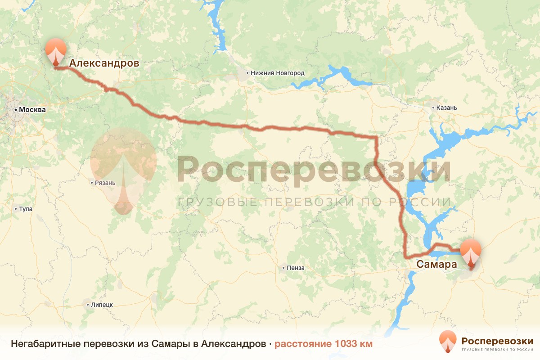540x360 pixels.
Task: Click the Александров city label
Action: click(x=104, y=63)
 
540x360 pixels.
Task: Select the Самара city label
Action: click(x=437, y=264)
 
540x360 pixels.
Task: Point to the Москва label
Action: click(x=30, y=109)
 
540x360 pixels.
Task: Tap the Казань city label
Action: click(x=447, y=108)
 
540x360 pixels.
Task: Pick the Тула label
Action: click(x=26, y=209)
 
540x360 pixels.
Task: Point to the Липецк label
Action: click(x=101, y=305)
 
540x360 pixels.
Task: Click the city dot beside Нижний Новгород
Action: click(x=247, y=73)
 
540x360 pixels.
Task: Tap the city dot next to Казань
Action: click(x=433, y=108)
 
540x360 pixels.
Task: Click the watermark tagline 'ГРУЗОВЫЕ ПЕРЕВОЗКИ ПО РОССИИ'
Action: click(x=314, y=202)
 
